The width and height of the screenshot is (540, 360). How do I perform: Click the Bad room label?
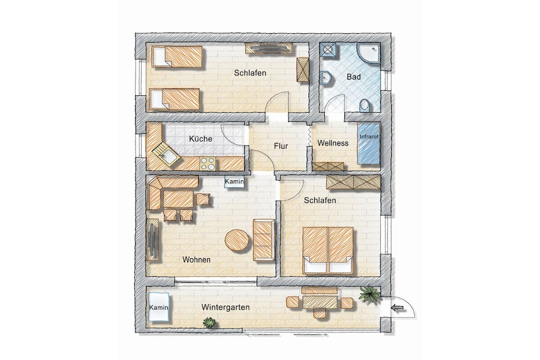coord(354,77)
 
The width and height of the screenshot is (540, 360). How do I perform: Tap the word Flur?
coord(281,146)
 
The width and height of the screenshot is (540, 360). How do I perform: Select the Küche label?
coord(200,139)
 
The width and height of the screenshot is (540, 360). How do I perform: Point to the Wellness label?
coord(333,143)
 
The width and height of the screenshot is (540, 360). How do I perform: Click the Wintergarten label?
coord(226,307)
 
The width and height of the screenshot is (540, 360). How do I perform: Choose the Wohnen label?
coord(196,259)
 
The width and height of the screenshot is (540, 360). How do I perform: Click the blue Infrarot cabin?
coord(369,143)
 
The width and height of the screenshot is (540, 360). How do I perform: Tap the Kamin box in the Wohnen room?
coord(234,182)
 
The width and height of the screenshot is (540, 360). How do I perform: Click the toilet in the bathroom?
coord(365,105)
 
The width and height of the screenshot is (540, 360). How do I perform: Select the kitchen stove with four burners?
coord(208,163)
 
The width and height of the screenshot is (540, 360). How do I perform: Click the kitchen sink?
coord(166,155)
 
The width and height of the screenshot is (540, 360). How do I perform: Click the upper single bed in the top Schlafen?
coord(178,57)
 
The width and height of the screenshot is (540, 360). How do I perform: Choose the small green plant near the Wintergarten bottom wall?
coord(209,323)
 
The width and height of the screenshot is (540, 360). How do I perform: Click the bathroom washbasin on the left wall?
coord(325,79)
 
